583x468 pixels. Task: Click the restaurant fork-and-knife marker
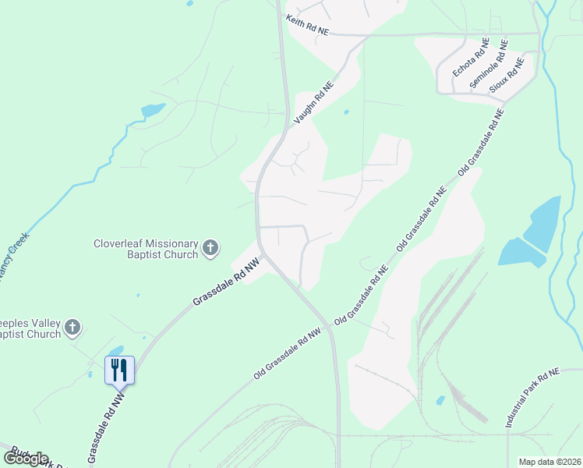point(119,369)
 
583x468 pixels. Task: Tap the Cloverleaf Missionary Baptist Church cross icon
point(210,248)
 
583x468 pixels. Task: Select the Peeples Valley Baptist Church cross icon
point(72,327)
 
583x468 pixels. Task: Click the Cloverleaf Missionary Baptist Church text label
point(146,248)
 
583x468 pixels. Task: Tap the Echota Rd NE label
point(471,57)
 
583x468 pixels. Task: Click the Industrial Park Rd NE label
point(532,398)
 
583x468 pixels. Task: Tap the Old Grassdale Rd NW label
point(288,354)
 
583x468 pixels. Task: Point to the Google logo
point(26,459)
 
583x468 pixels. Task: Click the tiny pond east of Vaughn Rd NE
point(346,112)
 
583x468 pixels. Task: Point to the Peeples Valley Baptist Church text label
point(31,327)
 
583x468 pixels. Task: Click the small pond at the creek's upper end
point(153,110)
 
